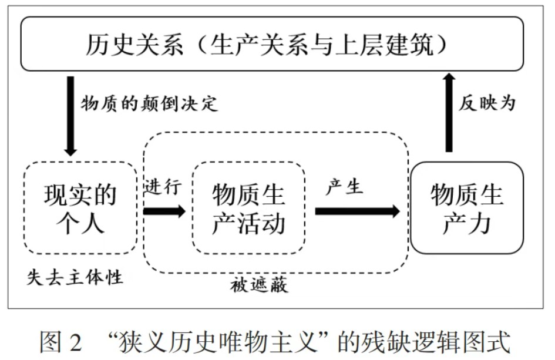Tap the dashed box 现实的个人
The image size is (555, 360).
tap(80, 208)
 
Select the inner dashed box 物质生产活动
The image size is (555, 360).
tap(248, 208)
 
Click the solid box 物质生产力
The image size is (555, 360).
tap(466, 208)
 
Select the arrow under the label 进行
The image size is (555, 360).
tap(164, 211)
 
